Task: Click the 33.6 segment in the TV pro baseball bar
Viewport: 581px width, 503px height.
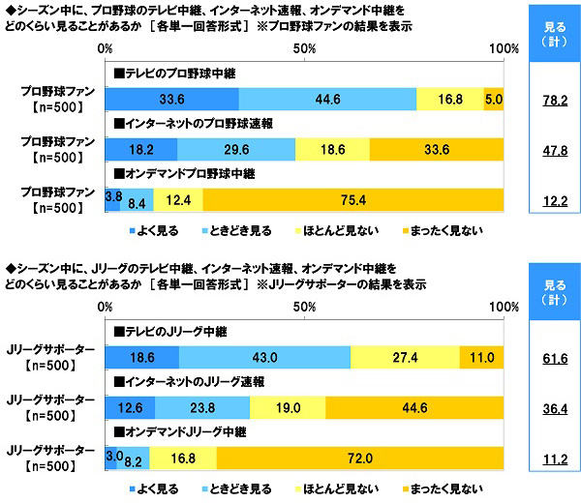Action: click(171, 98)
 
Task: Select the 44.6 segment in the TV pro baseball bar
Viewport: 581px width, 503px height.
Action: click(327, 98)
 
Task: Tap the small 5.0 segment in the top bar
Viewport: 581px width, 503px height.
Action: click(494, 98)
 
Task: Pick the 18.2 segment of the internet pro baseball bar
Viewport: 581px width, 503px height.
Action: click(141, 149)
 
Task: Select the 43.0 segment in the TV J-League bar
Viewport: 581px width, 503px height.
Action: click(264, 357)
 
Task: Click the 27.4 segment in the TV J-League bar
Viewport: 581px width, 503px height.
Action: click(405, 357)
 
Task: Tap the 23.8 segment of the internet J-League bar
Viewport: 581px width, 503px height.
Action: click(200, 407)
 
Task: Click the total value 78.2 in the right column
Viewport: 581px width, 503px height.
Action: click(555, 98)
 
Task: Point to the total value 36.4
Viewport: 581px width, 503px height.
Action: click(555, 407)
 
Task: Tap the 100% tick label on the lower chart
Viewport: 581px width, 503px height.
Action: click(501, 306)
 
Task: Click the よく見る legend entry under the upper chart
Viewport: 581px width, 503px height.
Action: click(155, 230)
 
